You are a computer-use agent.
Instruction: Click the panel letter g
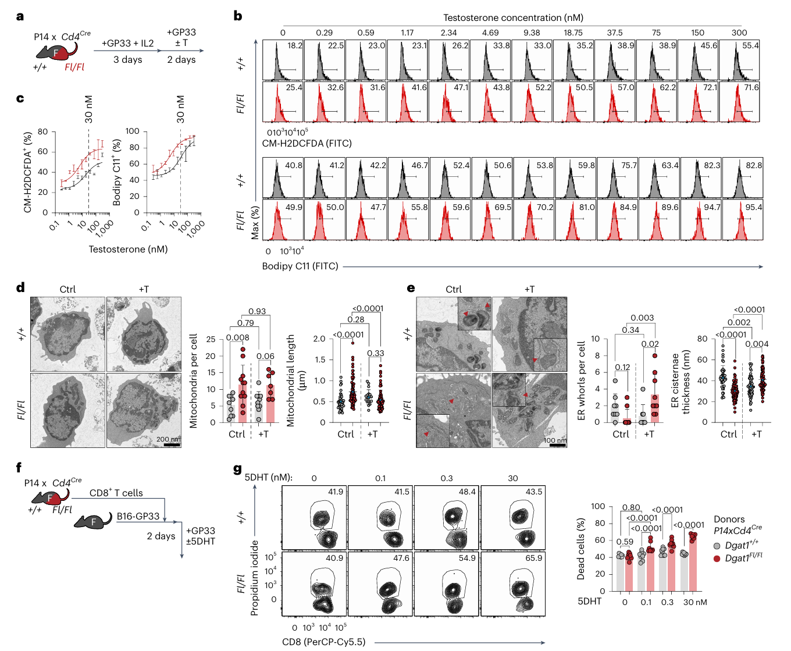click(x=237, y=469)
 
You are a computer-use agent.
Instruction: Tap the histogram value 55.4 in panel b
click(x=750, y=45)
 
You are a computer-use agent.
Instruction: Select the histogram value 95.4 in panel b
click(x=754, y=207)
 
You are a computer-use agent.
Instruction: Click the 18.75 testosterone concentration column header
click(x=573, y=33)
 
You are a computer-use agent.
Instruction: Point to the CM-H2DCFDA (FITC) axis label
click(x=307, y=143)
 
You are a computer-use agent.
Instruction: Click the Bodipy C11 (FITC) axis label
click(x=300, y=266)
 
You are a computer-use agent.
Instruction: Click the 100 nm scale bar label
click(x=554, y=440)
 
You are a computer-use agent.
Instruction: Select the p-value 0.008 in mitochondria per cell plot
click(x=237, y=337)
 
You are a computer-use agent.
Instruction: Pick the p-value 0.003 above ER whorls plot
click(x=642, y=318)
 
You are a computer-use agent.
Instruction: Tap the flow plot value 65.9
click(x=533, y=558)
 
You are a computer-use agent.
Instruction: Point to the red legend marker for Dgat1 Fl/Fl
click(x=717, y=558)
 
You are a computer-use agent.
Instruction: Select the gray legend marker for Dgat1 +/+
click(x=717, y=546)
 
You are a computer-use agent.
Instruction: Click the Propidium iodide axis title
click(x=254, y=578)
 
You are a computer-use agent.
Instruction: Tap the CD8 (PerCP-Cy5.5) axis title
click(x=324, y=642)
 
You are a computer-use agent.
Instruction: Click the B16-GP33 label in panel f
click(x=138, y=516)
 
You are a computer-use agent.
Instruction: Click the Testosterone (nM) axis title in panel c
click(x=128, y=249)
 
